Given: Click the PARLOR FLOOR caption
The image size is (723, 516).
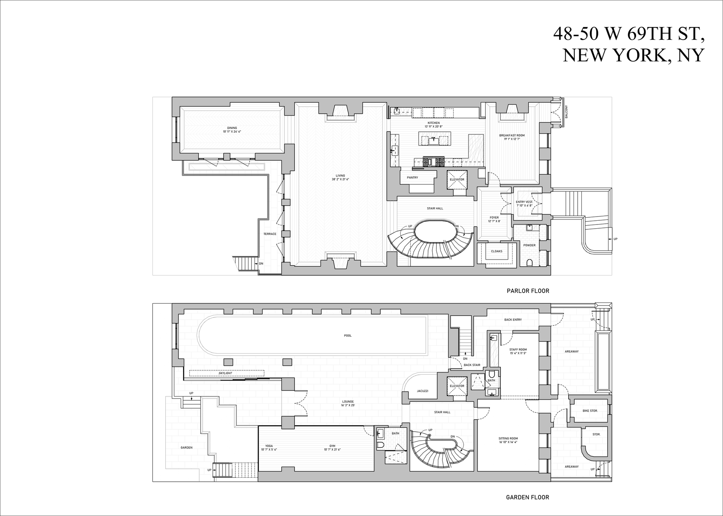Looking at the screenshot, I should pos(528,291).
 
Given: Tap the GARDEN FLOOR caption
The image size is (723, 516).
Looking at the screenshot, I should pos(527,497).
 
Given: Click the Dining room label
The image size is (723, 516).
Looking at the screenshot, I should pos(232,128).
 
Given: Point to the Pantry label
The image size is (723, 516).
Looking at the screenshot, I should pos(412,177).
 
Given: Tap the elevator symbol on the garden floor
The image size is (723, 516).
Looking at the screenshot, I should pos(457,386).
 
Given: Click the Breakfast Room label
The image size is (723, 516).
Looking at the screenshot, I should pos(512,135).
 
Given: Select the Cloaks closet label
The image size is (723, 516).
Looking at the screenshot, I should pos(496,251).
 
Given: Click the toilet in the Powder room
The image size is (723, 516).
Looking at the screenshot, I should pos(530,263).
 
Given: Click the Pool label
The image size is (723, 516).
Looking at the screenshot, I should pos(348,336).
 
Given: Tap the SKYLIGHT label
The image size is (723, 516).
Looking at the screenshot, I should pos(225,373).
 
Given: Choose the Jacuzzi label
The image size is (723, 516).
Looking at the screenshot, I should pos(423,391).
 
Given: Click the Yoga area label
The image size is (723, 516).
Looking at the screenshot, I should pos(269,446).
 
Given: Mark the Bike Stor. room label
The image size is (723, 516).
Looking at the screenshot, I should pos(590,411).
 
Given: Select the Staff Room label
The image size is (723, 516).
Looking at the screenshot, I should pos(518,350).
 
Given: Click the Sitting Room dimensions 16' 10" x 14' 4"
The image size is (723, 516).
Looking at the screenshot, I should pos(508,442).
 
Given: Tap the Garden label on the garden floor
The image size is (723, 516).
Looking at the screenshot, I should pos(186,447).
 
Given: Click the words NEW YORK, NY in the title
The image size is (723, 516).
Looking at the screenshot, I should pos(633,56).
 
